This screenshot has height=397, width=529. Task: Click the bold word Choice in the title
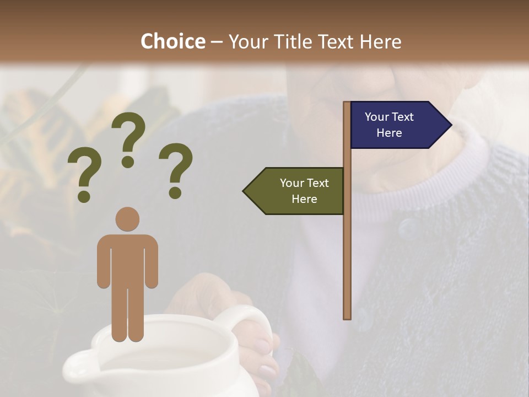click(172, 41)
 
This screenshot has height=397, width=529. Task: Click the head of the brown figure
click(127, 219)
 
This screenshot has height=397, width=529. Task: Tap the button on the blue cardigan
click(408, 227)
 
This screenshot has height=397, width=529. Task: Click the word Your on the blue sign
click(377, 117)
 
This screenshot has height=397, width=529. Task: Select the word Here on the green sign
click(304, 199)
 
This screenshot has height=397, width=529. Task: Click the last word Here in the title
click(380, 42)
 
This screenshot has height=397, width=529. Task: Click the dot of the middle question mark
click(128, 162)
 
